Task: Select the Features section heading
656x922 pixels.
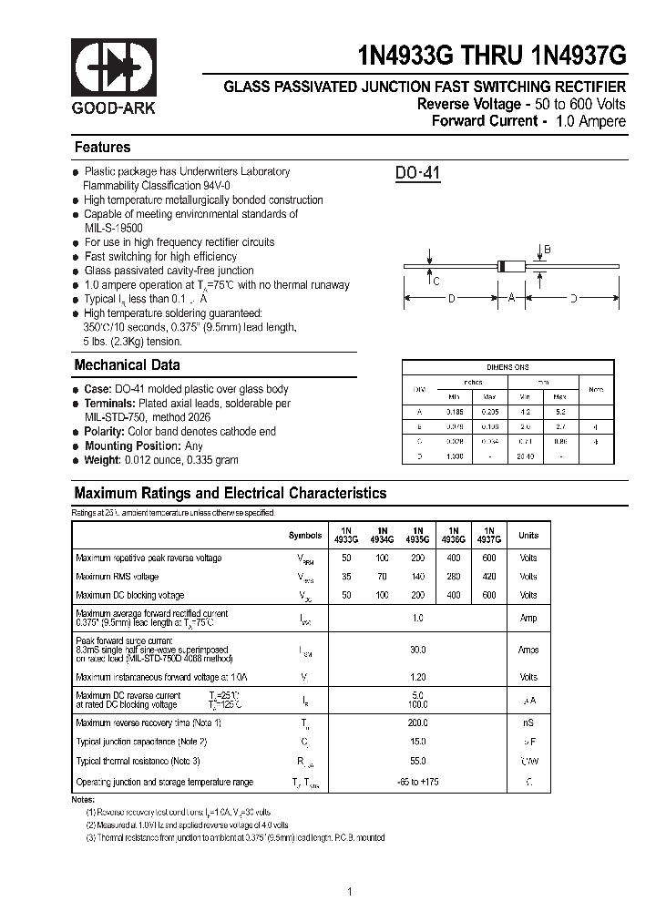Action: point(102,147)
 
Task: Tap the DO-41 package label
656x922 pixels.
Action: point(418,174)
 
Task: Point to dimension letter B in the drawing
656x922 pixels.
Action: point(547,250)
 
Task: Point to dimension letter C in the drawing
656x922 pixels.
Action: point(436,281)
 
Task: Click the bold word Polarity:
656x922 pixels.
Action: point(105,431)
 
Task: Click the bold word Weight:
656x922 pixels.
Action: point(102,460)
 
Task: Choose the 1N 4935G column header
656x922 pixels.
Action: point(417,535)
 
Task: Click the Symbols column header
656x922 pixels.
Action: point(305,536)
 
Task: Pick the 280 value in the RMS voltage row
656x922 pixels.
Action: point(453,577)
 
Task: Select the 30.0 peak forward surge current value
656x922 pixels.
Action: point(418,650)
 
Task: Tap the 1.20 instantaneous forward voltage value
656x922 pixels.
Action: point(418,677)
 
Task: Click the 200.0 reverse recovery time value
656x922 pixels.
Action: point(418,722)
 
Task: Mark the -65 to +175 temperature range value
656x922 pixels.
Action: point(418,782)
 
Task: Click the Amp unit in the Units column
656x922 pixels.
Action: point(528,618)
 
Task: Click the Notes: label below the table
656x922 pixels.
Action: point(83,799)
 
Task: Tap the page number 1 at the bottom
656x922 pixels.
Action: point(350,891)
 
